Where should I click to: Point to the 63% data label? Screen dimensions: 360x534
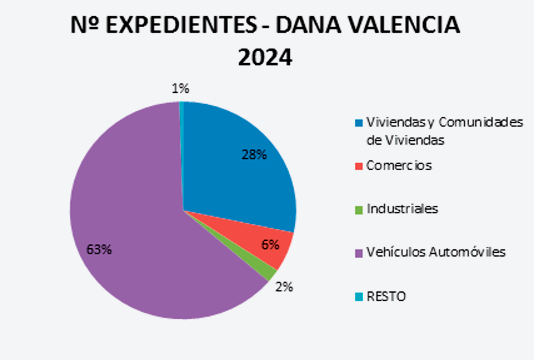(99, 250)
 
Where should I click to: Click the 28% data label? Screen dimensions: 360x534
(254, 155)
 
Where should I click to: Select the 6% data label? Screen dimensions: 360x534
(269, 244)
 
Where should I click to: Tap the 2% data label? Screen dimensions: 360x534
(284, 287)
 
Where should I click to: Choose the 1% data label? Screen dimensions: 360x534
(180, 89)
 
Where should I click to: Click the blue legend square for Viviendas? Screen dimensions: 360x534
(358, 122)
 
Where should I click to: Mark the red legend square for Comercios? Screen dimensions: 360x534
(358, 166)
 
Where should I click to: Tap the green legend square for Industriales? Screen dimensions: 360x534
(358, 209)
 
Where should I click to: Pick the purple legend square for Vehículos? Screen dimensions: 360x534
(358, 252)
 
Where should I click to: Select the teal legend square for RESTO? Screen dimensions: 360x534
(358, 297)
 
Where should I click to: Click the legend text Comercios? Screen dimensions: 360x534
(399, 166)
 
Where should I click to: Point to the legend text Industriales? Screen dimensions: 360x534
(402, 208)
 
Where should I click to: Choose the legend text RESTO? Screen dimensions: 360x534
(386, 296)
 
